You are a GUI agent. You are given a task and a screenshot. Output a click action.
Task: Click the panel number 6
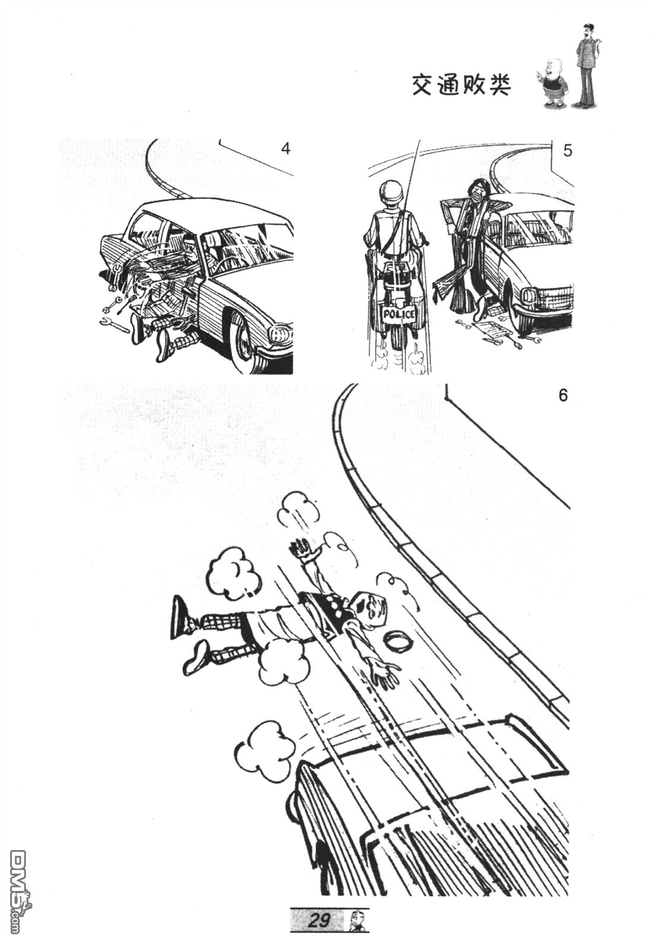(x=563, y=395)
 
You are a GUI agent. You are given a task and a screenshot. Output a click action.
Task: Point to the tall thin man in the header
(x=587, y=66)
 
